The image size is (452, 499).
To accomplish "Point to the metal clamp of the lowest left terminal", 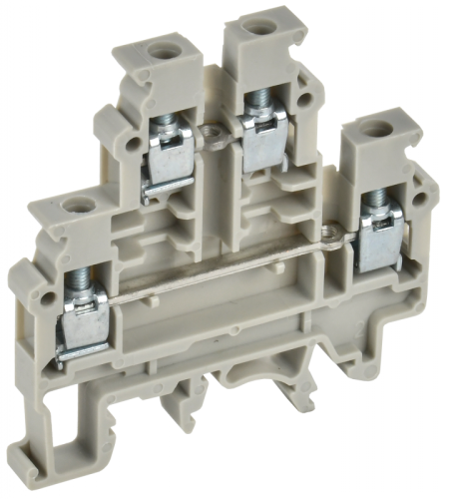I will [x=84, y=325].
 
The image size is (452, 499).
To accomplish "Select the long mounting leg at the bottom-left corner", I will [x=60, y=439].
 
